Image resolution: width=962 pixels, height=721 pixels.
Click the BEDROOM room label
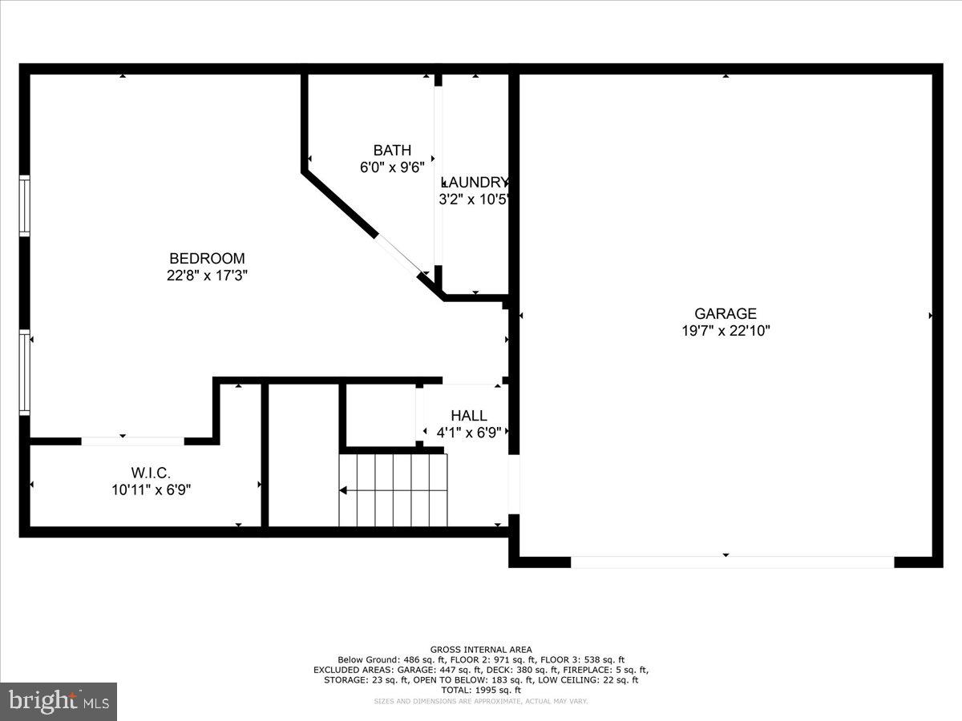pyautogui.click(x=207, y=259)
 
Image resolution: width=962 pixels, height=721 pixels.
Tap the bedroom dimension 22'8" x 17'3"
pyautogui.click(x=207, y=275)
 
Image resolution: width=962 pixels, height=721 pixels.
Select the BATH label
pyautogui.click(x=392, y=151)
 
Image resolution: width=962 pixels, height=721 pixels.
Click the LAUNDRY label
pyautogui.click(x=475, y=183)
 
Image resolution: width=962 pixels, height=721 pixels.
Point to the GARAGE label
pyautogui.click(x=725, y=314)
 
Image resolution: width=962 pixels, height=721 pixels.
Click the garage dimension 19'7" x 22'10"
pyautogui.click(x=725, y=331)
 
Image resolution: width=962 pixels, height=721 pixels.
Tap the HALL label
pyautogui.click(x=469, y=416)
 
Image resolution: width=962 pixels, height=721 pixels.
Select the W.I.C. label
pyautogui.click(x=151, y=473)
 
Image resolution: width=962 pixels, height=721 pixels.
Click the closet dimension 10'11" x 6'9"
pyautogui.click(x=151, y=489)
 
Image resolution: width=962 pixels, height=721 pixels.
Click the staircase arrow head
pyautogui.click(x=343, y=489)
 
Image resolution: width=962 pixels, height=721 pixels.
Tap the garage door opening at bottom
pyautogui.click(x=732, y=562)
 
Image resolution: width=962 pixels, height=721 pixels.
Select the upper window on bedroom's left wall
pyautogui.click(x=25, y=207)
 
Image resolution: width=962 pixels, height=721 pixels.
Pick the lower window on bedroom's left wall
pyautogui.click(x=25, y=373)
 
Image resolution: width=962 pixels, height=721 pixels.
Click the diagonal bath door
pyautogui.click(x=398, y=255)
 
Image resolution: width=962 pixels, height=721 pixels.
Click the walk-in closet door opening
pyautogui.click(x=133, y=441)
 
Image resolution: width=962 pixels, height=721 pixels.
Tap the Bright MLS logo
pyautogui.click(x=59, y=702)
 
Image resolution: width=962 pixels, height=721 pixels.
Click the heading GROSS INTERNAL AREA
pyautogui.click(x=481, y=650)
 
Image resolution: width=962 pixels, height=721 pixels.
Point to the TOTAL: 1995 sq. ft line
pyautogui.click(x=481, y=690)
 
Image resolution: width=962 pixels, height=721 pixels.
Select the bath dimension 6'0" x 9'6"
pyautogui.click(x=392, y=167)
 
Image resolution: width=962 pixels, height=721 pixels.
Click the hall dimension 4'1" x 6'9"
pyautogui.click(x=469, y=433)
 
